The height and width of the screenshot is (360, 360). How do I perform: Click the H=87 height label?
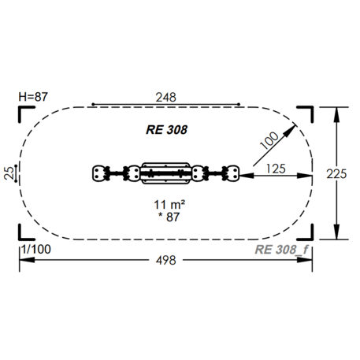click(33, 97)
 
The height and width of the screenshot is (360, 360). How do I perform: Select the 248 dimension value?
click(165, 98)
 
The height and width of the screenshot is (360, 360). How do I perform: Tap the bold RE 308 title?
click(166, 130)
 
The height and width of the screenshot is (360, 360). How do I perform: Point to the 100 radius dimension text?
click(269, 140)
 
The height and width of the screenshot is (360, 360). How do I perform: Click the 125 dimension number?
click(276, 169)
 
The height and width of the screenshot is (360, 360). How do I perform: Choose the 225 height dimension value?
click(336, 174)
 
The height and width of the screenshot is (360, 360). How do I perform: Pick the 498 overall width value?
click(165, 261)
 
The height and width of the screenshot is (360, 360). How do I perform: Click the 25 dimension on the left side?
click(9, 173)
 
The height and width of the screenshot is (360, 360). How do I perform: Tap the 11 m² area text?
click(169, 204)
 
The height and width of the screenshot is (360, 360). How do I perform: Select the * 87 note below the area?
click(169, 217)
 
